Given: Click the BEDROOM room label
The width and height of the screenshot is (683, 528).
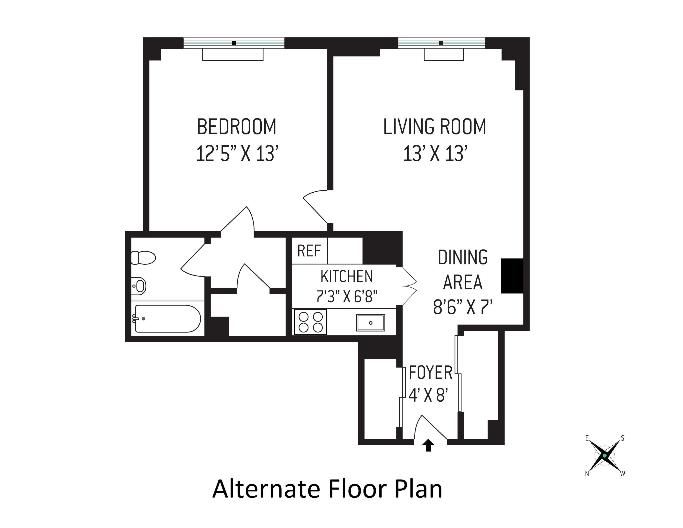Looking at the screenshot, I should coord(237,127).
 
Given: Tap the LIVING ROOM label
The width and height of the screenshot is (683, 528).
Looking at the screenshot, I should coord(435,127).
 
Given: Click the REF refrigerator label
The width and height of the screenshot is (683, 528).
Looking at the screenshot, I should coord(309,251).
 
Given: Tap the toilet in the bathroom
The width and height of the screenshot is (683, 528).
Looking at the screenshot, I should coord(143,258).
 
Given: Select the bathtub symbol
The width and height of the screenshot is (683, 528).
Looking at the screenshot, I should coord(168,319).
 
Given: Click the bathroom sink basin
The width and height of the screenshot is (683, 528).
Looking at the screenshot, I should coord(139,286).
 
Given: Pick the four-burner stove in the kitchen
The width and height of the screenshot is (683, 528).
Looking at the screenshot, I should coord(310,322).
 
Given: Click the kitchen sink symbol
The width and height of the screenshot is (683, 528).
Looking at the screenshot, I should coord(371,323).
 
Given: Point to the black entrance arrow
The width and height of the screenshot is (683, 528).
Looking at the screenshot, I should coord(428,446).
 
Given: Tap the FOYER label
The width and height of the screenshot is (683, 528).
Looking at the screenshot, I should coord(431,373).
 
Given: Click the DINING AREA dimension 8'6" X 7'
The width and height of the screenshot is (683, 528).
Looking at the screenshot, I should coord(463,307).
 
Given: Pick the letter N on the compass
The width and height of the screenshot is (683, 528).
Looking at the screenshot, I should coord(587,474).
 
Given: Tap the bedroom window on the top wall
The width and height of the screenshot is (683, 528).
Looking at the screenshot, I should coord(234,43).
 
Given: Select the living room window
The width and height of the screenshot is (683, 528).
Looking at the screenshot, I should coord(441,43).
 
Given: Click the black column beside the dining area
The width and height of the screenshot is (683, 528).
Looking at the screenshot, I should coord(512,276).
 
